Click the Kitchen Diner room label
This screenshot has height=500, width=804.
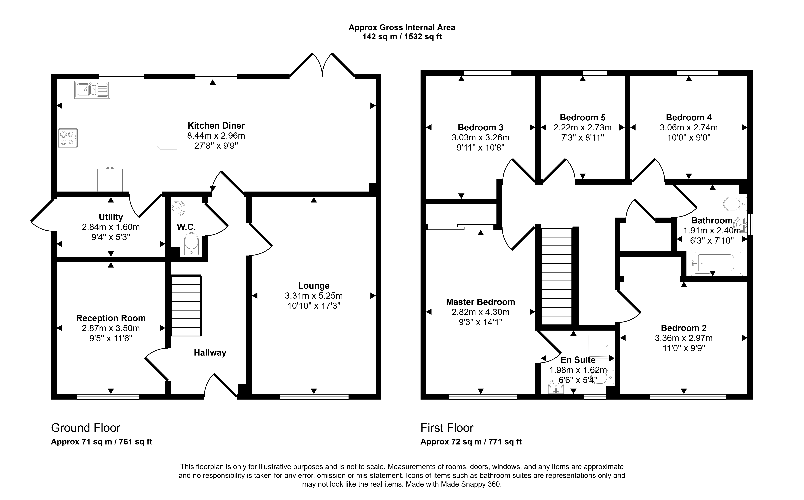[216, 126]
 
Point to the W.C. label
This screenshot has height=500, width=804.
[187, 227]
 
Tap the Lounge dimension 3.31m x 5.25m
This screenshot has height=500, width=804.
[314, 296]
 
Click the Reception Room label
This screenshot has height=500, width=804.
[111, 318]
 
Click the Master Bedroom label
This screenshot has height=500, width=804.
[480, 302]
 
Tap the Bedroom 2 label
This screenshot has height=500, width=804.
[684, 328]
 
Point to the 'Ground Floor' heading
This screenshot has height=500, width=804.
[86, 428]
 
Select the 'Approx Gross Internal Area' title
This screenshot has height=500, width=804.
[402, 27]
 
